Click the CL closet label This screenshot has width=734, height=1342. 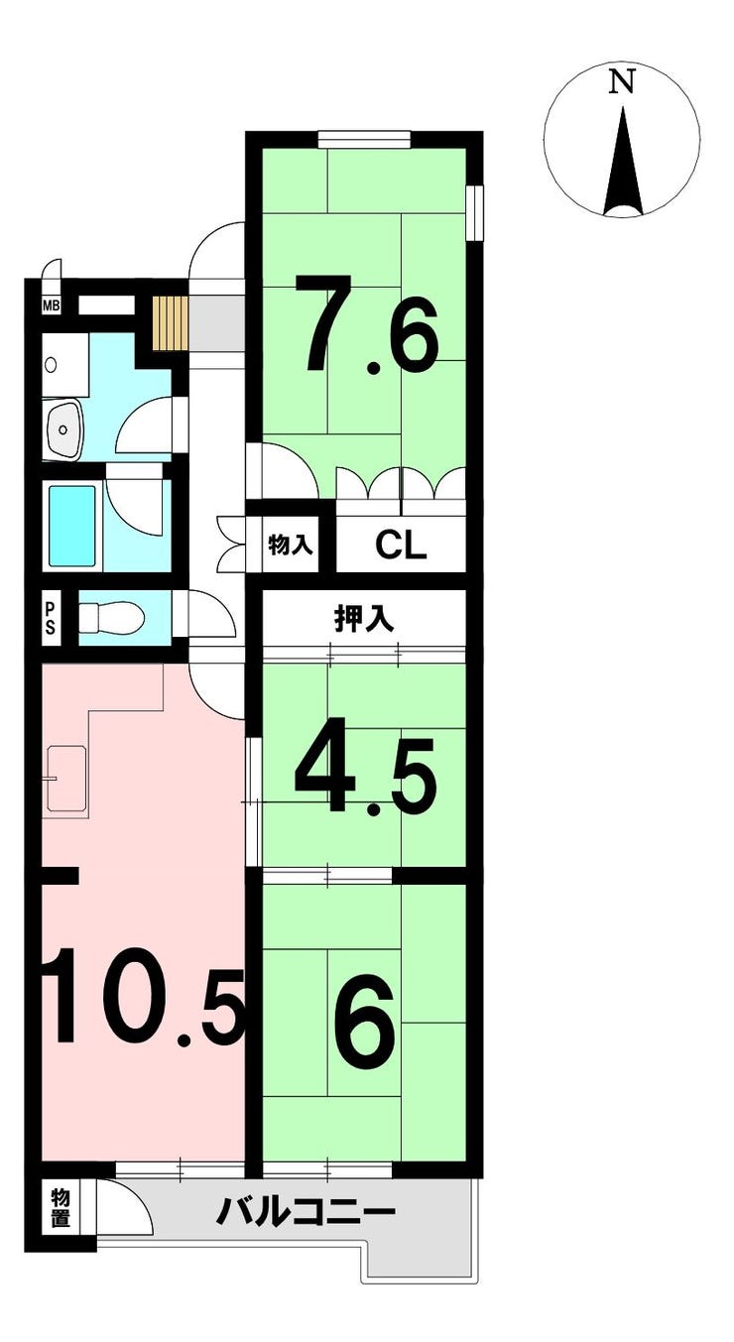point(401,545)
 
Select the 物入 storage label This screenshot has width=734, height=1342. point(291,545)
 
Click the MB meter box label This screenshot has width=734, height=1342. point(51,306)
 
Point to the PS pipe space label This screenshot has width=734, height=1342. point(51,619)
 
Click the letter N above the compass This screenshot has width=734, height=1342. point(621,81)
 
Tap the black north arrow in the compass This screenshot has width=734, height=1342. point(623,161)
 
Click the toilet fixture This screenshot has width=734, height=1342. point(111,618)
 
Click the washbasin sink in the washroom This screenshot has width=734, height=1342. point(63,428)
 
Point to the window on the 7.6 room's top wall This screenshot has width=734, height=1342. point(364,139)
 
